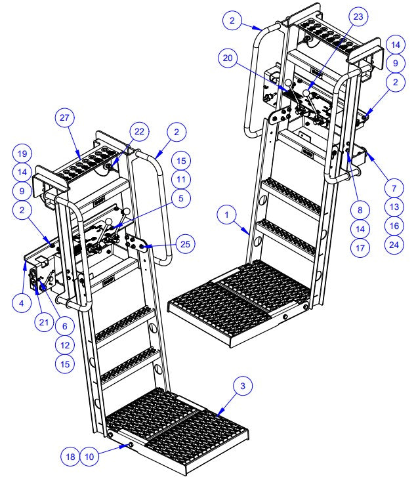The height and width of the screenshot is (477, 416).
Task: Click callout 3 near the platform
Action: click(243, 386)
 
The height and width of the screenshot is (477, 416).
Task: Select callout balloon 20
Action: click(227, 58)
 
